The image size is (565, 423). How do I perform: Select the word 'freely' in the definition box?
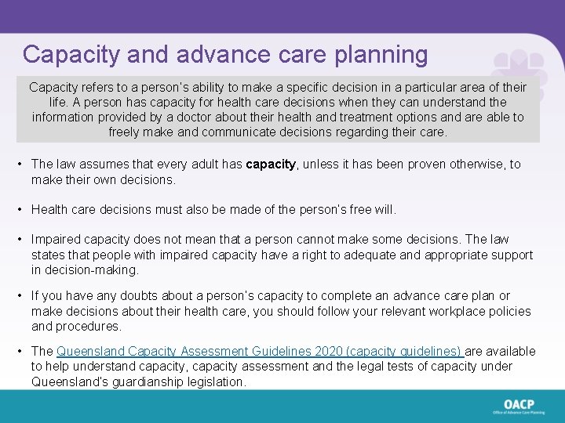126,132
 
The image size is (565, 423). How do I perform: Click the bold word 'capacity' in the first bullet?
271,164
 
